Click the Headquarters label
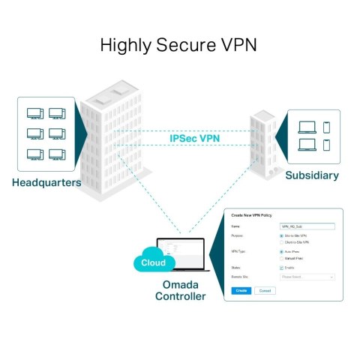tap(46, 182)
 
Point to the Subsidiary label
tap(311, 175)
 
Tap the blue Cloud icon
tap(153, 263)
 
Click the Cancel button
tap(264, 289)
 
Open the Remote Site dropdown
tap(306, 277)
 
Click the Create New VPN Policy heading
tap(253, 215)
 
